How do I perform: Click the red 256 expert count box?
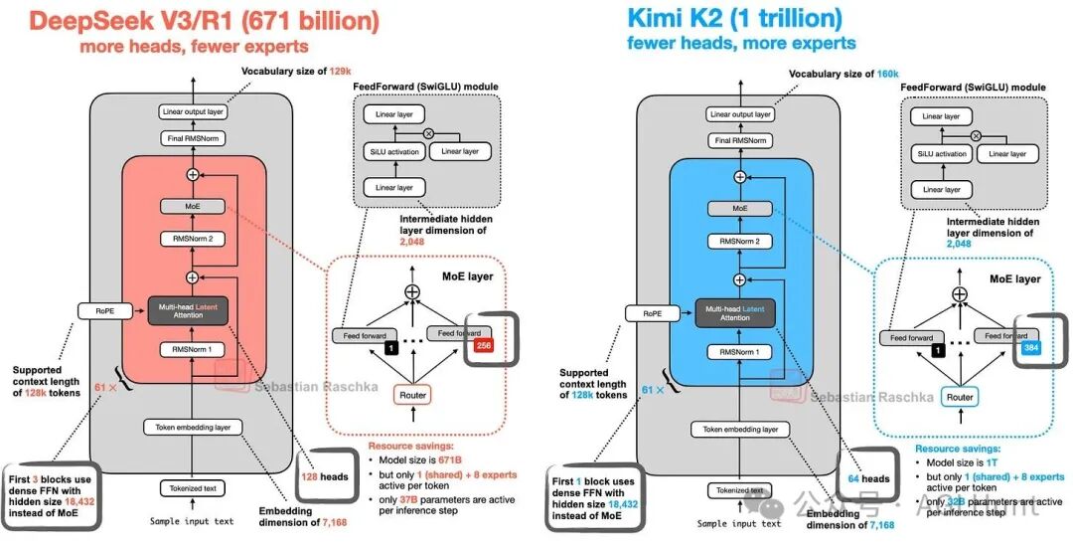point(484,345)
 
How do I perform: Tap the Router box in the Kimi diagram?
point(960,397)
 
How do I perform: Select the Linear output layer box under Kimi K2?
point(740,114)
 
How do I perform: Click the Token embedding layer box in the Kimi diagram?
point(740,430)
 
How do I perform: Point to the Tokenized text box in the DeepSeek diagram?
point(192,488)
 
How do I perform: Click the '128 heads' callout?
point(324,476)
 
